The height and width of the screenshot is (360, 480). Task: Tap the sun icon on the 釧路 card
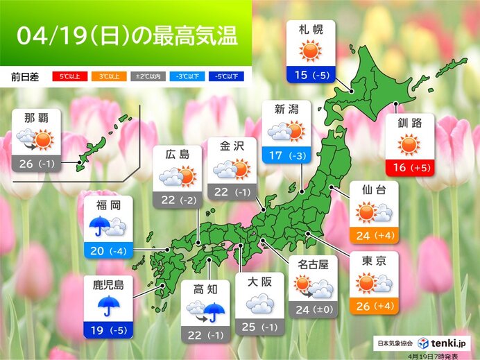[409, 145]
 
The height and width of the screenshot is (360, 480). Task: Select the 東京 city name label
[374, 262]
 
